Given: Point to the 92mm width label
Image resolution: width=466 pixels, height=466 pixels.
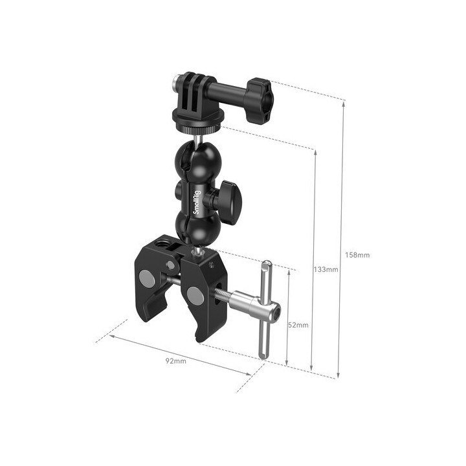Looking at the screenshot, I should [x=176, y=361].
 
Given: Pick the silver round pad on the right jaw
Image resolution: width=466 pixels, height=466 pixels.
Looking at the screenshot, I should [x=194, y=295].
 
